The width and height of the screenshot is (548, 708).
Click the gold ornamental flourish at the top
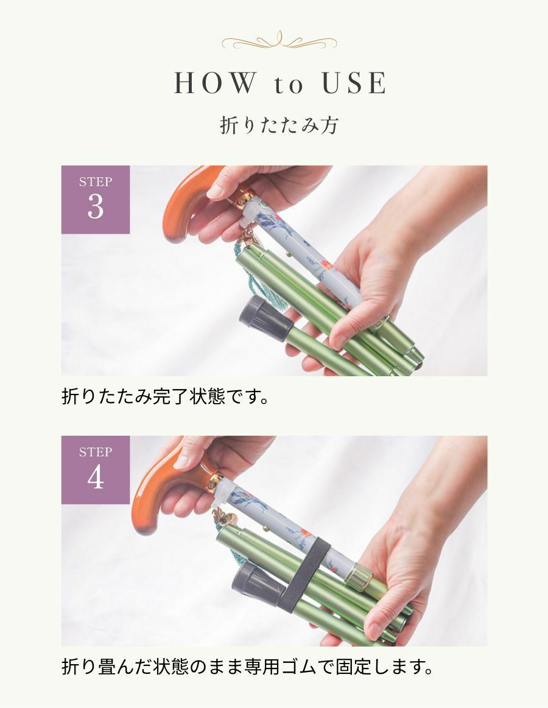[x=279, y=41]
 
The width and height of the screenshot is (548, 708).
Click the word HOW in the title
[x=215, y=83]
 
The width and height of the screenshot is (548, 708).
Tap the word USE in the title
[x=354, y=83]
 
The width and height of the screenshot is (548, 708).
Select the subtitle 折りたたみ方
[x=279, y=125]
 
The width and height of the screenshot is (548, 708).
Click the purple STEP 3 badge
[x=96, y=200]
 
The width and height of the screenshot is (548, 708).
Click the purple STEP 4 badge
[x=96, y=469]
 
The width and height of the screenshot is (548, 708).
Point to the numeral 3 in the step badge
[x=96, y=207]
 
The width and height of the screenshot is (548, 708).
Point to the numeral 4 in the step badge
[x=96, y=477]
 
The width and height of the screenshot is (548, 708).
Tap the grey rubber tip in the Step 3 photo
[x=265, y=319]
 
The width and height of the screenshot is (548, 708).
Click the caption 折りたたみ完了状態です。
[x=166, y=397]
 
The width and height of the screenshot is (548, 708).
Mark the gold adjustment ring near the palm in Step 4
[x=360, y=577]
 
